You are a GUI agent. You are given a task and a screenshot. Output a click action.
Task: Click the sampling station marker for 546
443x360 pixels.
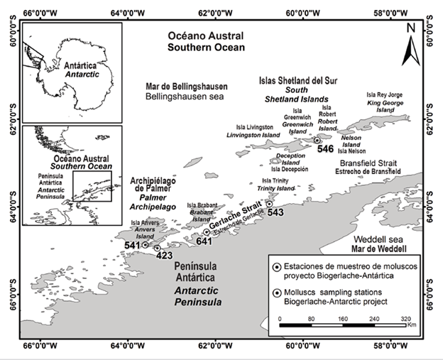(317, 141)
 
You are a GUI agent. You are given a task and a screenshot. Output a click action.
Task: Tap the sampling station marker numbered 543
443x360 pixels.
(270, 204)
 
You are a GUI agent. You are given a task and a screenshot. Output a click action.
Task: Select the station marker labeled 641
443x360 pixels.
(207, 232)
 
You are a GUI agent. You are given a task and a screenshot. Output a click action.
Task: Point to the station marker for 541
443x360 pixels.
(145, 245)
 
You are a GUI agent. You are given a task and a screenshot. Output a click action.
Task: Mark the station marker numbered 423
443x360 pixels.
(158, 249)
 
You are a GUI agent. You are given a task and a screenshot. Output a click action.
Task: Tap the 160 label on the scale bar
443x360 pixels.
(343, 319)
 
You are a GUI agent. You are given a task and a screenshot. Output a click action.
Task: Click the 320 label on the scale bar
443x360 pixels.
(405, 319)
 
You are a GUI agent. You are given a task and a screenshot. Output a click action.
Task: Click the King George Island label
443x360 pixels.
(385, 107)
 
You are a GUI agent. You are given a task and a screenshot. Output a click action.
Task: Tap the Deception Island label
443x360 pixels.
(290, 159)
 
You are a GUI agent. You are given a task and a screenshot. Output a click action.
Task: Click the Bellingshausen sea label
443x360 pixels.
(185, 97)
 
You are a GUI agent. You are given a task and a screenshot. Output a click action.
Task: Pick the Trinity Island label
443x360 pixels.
(275, 188)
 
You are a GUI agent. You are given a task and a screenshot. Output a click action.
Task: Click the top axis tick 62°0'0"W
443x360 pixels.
(216, 13)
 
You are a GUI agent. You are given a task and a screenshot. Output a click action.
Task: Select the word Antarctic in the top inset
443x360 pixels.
(82, 75)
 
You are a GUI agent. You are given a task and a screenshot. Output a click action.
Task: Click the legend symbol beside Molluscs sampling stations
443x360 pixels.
(277, 293)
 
